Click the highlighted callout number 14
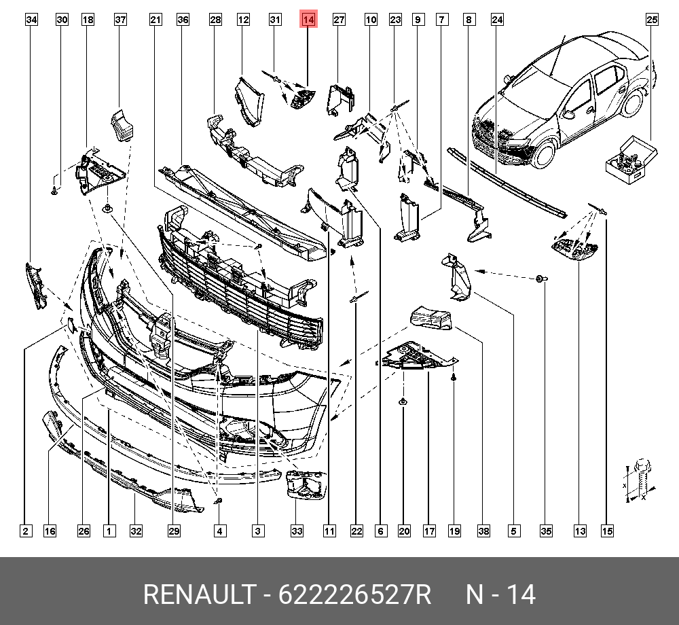tap(308, 20)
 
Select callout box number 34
tap(31, 20)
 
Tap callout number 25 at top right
tap(652, 20)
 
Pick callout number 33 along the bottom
tap(297, 531)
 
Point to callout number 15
tap(607, 531)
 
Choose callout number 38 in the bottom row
tap(483, 531)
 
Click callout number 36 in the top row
tap(183, 20)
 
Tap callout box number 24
tap(497, 20)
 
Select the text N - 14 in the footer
tap(500, 595)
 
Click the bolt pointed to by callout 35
tap(540, 279)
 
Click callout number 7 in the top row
tap(441, 20)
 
